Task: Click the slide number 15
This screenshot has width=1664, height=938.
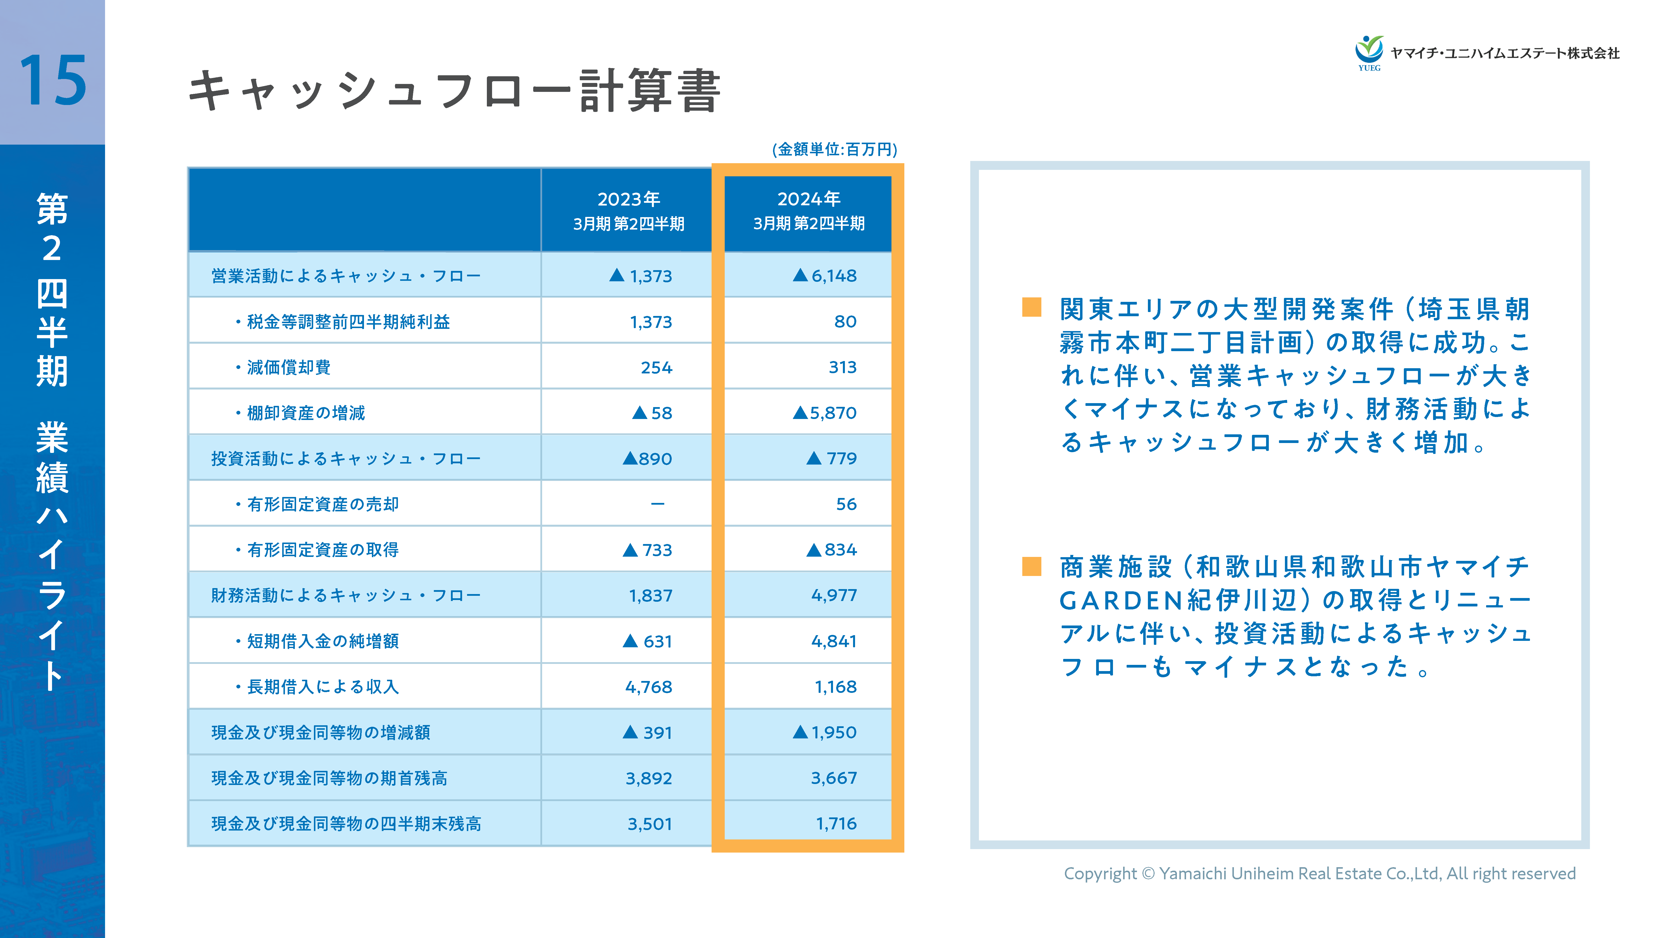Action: pos(53,81)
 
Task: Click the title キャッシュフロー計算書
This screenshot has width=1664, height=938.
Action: pos(454,92)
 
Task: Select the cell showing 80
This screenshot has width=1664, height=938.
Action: pos(845,321)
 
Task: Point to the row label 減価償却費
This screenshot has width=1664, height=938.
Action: pos(289,367)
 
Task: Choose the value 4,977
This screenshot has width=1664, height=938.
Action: pos(834,595)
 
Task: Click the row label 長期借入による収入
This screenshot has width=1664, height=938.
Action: pos(323,687)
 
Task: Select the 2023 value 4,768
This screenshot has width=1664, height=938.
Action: pos(649,687)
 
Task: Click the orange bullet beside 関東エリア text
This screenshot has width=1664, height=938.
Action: pos(1032,307)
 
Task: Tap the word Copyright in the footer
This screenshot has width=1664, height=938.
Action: pos(1099,873)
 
